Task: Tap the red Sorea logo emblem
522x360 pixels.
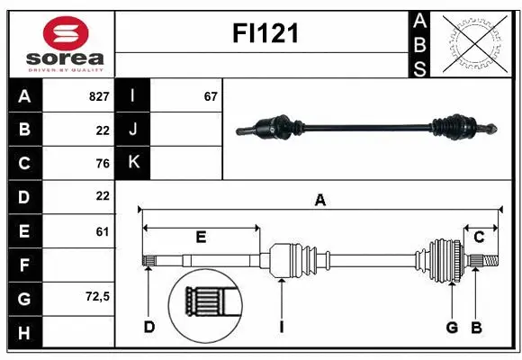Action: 66,33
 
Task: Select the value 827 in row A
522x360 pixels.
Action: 98,96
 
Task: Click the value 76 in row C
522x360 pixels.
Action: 102,163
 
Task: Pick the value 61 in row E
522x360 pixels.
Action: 102,231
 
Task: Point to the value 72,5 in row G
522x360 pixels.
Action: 96,296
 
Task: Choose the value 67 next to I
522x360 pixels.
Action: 211,96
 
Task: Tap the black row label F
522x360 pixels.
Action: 24,265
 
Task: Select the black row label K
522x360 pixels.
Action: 134,163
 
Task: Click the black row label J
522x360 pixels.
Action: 134,130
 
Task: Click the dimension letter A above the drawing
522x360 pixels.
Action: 319,201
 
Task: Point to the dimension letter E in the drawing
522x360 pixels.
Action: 201,238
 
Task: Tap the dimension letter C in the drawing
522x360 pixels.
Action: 480,237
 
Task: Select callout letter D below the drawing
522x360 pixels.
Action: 149,327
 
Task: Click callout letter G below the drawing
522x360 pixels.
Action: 452,327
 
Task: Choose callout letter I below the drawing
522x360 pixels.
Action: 281,327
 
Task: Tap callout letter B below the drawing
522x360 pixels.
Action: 477,327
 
